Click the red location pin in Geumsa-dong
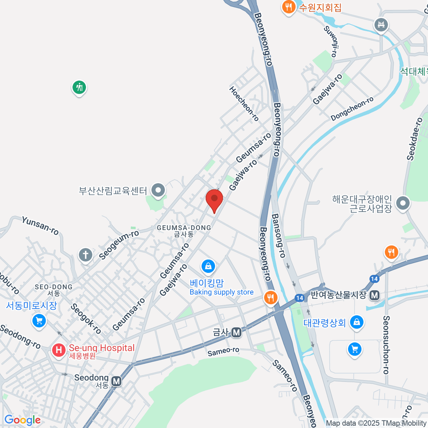pos(214,199)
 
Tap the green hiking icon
pos(79,87)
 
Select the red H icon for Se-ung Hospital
pos(59,350)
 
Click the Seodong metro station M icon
pos(116,381)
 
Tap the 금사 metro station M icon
pos(236,332)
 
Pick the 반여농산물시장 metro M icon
pos(374,295)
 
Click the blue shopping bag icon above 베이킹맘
pos(208,266)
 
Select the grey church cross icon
pos(86,255)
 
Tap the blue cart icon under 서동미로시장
pos(39,320)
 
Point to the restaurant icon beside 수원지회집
pos(288,6)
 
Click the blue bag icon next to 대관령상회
pos(356,322)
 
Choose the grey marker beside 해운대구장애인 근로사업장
pos(403,203)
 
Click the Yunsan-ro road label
pos(40,225)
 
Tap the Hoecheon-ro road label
pos(244,103)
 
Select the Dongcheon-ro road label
pos(352,108)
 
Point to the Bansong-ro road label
pos(279,235)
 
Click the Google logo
pos(22,420)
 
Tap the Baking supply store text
pos(221,292)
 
